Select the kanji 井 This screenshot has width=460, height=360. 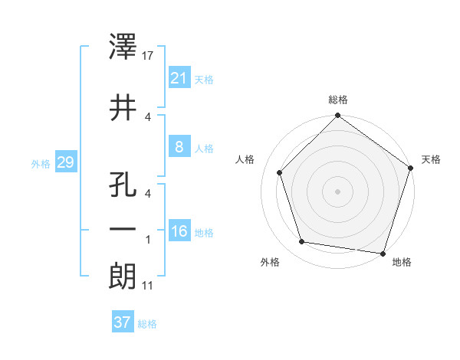pos(123,109)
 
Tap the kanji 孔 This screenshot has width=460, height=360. pos(123,187)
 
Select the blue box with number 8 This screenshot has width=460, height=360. pos(179,147)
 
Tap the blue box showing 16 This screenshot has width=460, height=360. pos(179,231)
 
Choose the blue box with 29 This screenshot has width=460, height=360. pos(65,162)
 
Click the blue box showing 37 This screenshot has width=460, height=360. pos(123,322)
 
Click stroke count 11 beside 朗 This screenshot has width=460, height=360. pos(147,286)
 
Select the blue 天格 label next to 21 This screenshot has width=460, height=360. pos(204,80)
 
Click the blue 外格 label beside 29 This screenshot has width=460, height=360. pos(40,164)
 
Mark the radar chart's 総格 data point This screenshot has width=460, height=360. pos(337,116)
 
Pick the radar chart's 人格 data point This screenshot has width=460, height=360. pos(279,173)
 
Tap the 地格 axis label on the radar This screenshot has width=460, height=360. pos(402,262)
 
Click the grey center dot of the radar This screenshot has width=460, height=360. pos(337,191)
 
